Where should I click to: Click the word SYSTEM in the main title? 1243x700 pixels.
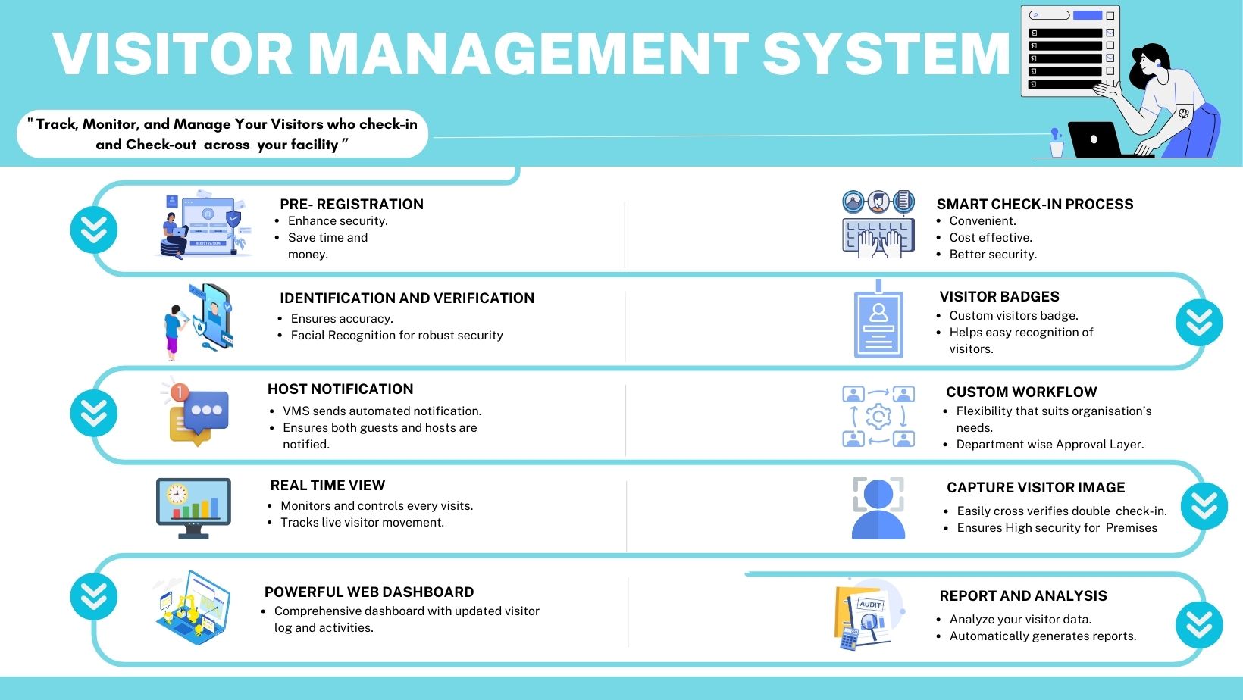pos(885,54)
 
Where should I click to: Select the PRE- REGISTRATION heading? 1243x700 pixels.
pos(351,204)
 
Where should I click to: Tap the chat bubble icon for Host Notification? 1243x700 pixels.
pos(199,413)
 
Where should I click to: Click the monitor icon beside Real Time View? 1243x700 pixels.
pos(193,507)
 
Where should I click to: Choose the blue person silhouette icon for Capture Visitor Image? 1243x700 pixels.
pos(878,509)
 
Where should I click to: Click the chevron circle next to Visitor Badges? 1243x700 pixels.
pos(1198,323)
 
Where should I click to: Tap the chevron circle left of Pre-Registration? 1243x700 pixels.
pos(94,230)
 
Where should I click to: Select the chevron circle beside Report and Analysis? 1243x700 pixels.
pos(1198,625)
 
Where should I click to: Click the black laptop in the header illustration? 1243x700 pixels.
pos(1094,139)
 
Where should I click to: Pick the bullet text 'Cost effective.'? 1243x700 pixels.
pos(990,237)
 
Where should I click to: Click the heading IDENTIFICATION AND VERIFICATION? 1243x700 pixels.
pos(406,298)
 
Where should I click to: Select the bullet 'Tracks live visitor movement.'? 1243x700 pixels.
pos(362,522)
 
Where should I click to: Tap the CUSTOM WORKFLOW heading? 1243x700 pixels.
pos(1021,392)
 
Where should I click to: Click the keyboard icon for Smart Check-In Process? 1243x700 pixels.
pos(878,236)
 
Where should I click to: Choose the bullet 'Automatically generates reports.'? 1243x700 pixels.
pos(1042,636)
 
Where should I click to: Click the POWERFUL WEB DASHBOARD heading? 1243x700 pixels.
pos(368,592)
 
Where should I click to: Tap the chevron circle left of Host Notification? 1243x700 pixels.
pos(94,413)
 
